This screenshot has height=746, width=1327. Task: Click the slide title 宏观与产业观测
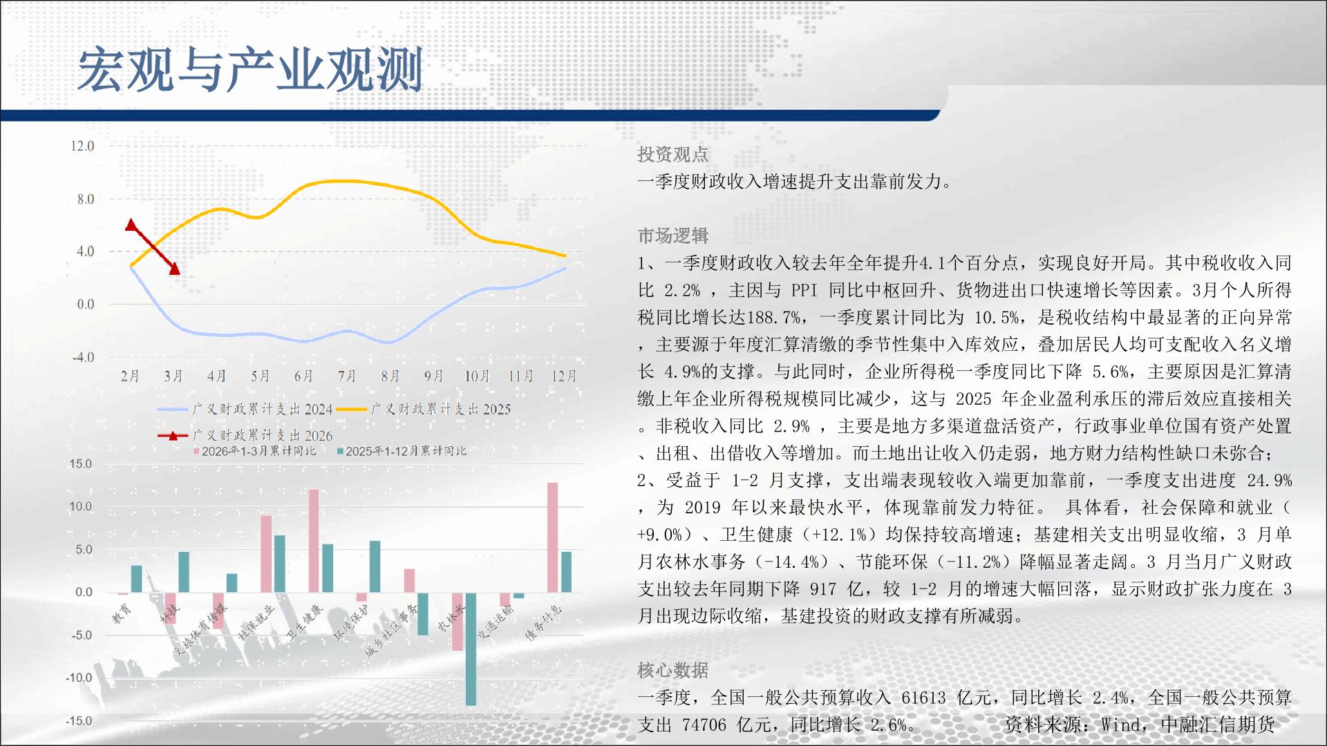250,70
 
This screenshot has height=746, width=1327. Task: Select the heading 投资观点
672,155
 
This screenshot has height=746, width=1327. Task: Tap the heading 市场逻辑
672,236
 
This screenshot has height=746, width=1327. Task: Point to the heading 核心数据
672,670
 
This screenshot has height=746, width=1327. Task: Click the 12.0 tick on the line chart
82,146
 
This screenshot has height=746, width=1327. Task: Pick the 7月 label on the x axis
347,376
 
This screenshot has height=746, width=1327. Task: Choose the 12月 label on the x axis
564,376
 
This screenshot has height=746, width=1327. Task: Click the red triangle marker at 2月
131,224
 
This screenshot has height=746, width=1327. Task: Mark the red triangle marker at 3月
174,269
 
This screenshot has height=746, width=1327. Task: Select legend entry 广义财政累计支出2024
245,409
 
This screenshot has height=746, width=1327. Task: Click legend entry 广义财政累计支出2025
424,409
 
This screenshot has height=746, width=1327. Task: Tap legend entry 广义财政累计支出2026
245,435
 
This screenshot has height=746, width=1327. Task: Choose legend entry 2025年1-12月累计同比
402,451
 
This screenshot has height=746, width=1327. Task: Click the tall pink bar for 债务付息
552,537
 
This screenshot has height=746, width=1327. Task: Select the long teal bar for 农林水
471,649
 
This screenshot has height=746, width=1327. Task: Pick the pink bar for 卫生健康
314,541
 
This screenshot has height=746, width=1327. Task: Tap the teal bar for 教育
137,579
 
